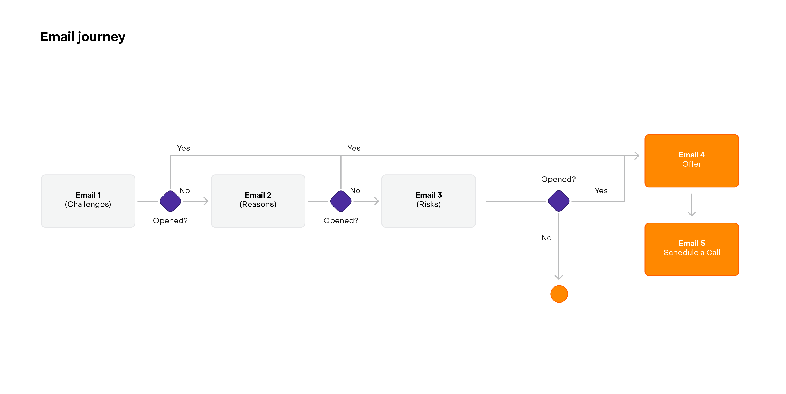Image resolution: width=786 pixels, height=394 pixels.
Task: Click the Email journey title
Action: click(x=83, y=37)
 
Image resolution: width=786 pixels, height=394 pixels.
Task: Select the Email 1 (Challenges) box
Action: click(x=88, y=201)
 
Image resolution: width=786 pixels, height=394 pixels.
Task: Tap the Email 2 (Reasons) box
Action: click(x=258, y=201)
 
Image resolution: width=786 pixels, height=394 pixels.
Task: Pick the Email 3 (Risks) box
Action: click(x=428, y=201)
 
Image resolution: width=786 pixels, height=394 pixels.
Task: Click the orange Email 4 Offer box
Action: click(x=691, y=161)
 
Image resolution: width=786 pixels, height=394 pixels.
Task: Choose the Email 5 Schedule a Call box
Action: click(x=691, y=249)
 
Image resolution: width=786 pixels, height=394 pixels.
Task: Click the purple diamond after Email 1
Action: click(x=170, y=201)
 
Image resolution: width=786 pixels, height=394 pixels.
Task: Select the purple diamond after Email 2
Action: click(x=341, y=201)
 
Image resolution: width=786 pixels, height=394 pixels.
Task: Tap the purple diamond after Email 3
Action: click(x=559, y=201)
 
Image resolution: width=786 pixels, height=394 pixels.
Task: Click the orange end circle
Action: click(x=559, y=294)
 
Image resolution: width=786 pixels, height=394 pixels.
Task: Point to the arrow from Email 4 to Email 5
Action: click(x=691, y=205)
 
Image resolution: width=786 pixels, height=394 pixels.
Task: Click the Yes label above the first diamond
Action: click(x=183, y=148)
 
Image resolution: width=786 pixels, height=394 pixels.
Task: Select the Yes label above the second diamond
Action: click(x=354, y=148)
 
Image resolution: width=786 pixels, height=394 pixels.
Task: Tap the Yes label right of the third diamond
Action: click(x=601, y=191)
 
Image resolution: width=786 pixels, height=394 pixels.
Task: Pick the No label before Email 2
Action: click(x=185, y=191)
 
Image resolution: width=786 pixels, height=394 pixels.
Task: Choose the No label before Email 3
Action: click(x=355, y=191)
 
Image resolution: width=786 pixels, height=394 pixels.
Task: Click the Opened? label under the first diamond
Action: click(x=170, y=221)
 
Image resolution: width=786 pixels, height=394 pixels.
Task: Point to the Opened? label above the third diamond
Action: click(x=558, y=179)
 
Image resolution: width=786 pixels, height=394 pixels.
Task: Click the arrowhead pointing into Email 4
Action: click(x=636, y=156)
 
